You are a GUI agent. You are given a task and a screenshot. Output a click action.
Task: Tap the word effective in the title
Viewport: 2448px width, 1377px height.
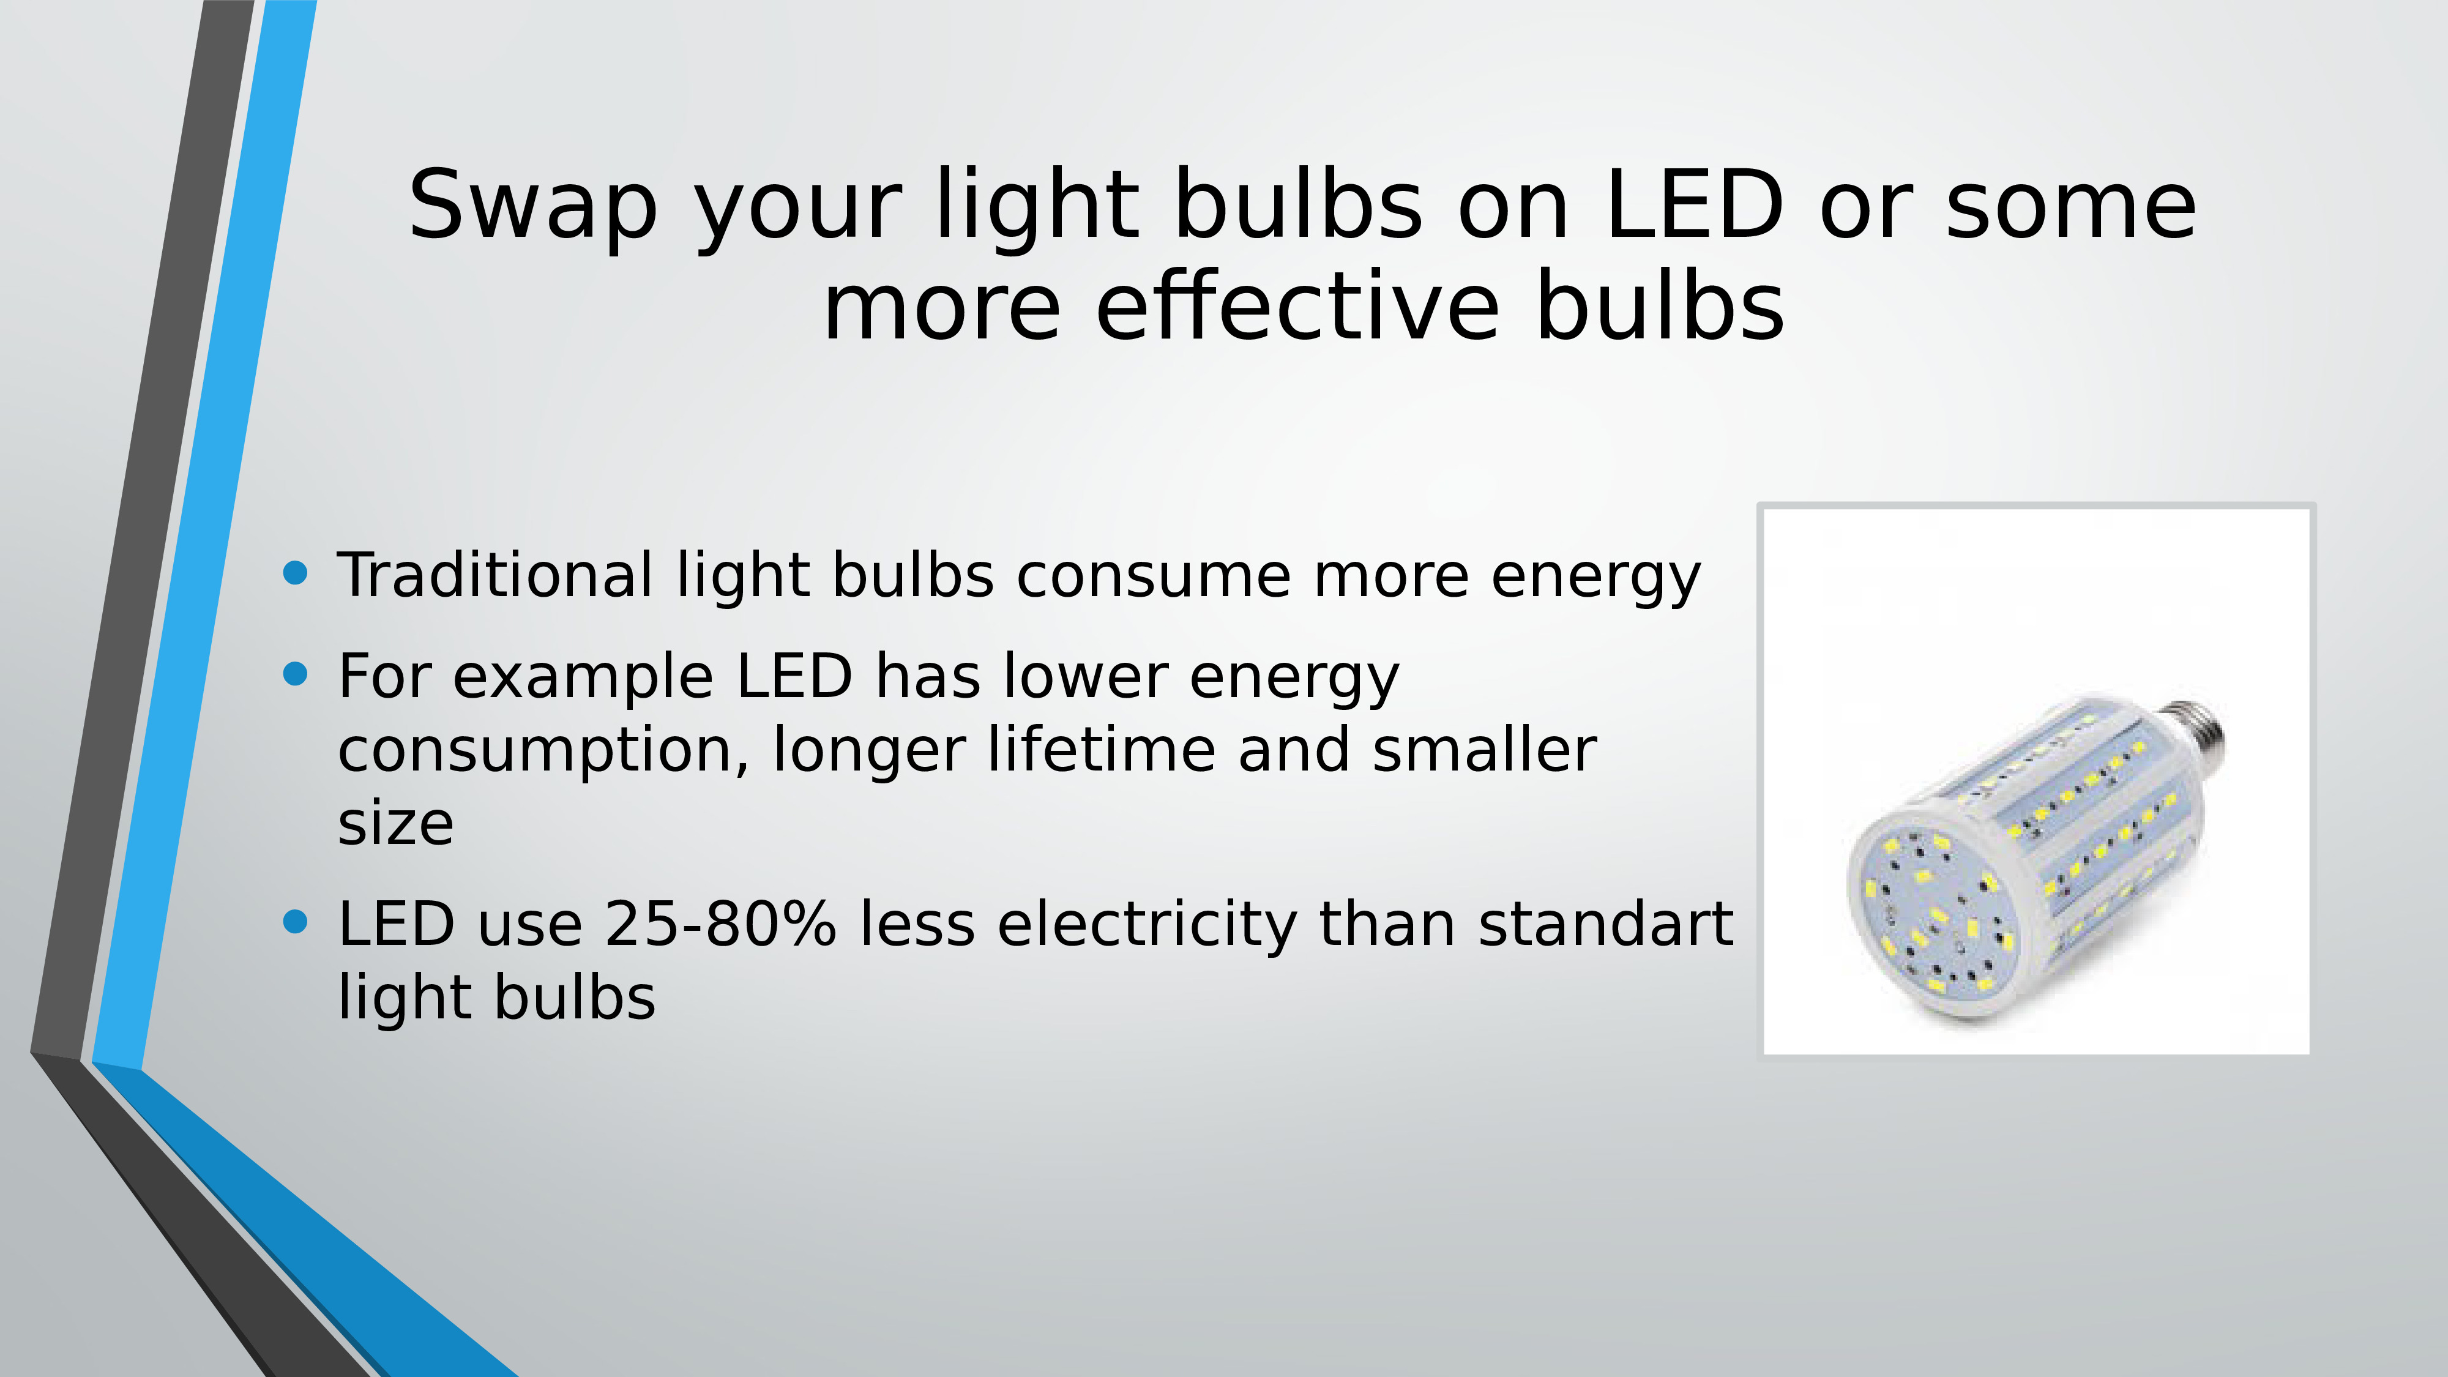click(1298, 306)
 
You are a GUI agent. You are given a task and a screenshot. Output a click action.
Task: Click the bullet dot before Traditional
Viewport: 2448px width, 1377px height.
click(296, 572)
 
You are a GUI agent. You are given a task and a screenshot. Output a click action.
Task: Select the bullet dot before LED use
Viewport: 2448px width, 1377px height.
click(296, 922)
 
